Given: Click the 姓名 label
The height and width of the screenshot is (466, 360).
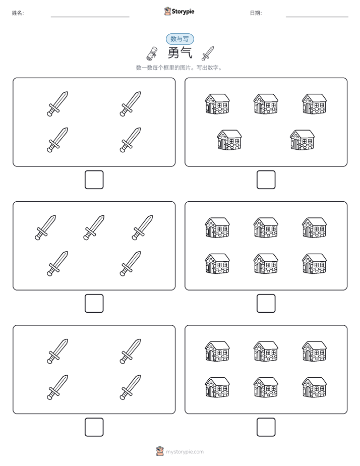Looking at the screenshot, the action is [18, 13].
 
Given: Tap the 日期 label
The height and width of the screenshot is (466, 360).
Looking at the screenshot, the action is [256, 13].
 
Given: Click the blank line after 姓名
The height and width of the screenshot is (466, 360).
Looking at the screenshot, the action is [90, 17].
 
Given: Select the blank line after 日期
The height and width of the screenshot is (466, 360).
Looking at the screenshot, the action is [317, 17].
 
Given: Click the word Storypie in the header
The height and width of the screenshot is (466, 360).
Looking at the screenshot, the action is [183, 12].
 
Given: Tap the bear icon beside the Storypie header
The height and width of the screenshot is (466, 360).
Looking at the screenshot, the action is [167, 11].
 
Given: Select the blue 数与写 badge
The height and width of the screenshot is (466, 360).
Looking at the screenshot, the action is [179, 39].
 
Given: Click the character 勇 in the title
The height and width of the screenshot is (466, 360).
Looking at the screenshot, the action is [173, 53].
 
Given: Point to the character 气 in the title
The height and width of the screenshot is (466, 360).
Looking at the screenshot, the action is [187, 53].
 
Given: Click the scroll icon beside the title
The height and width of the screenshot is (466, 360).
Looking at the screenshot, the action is [152, 53].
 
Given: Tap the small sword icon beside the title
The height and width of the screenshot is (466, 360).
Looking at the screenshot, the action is [208, 53].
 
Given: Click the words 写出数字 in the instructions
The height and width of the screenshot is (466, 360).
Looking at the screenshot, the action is [208, 68].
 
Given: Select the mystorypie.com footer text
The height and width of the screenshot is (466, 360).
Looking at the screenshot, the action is [185, 452].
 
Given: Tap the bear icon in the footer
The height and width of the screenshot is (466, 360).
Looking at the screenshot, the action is [160, 451].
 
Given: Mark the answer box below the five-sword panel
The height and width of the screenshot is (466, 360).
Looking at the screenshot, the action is [94, 304].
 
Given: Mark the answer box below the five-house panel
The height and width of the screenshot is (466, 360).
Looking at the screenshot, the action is [266, 180].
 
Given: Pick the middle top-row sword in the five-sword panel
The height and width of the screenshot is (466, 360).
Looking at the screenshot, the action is [94, 227].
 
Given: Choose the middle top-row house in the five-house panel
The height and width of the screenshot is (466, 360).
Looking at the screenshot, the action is [266, 104].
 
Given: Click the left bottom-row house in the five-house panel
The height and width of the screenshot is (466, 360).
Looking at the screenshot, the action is [229, 140].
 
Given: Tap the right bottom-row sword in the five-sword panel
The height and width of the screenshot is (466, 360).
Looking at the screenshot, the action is [131, 264].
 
